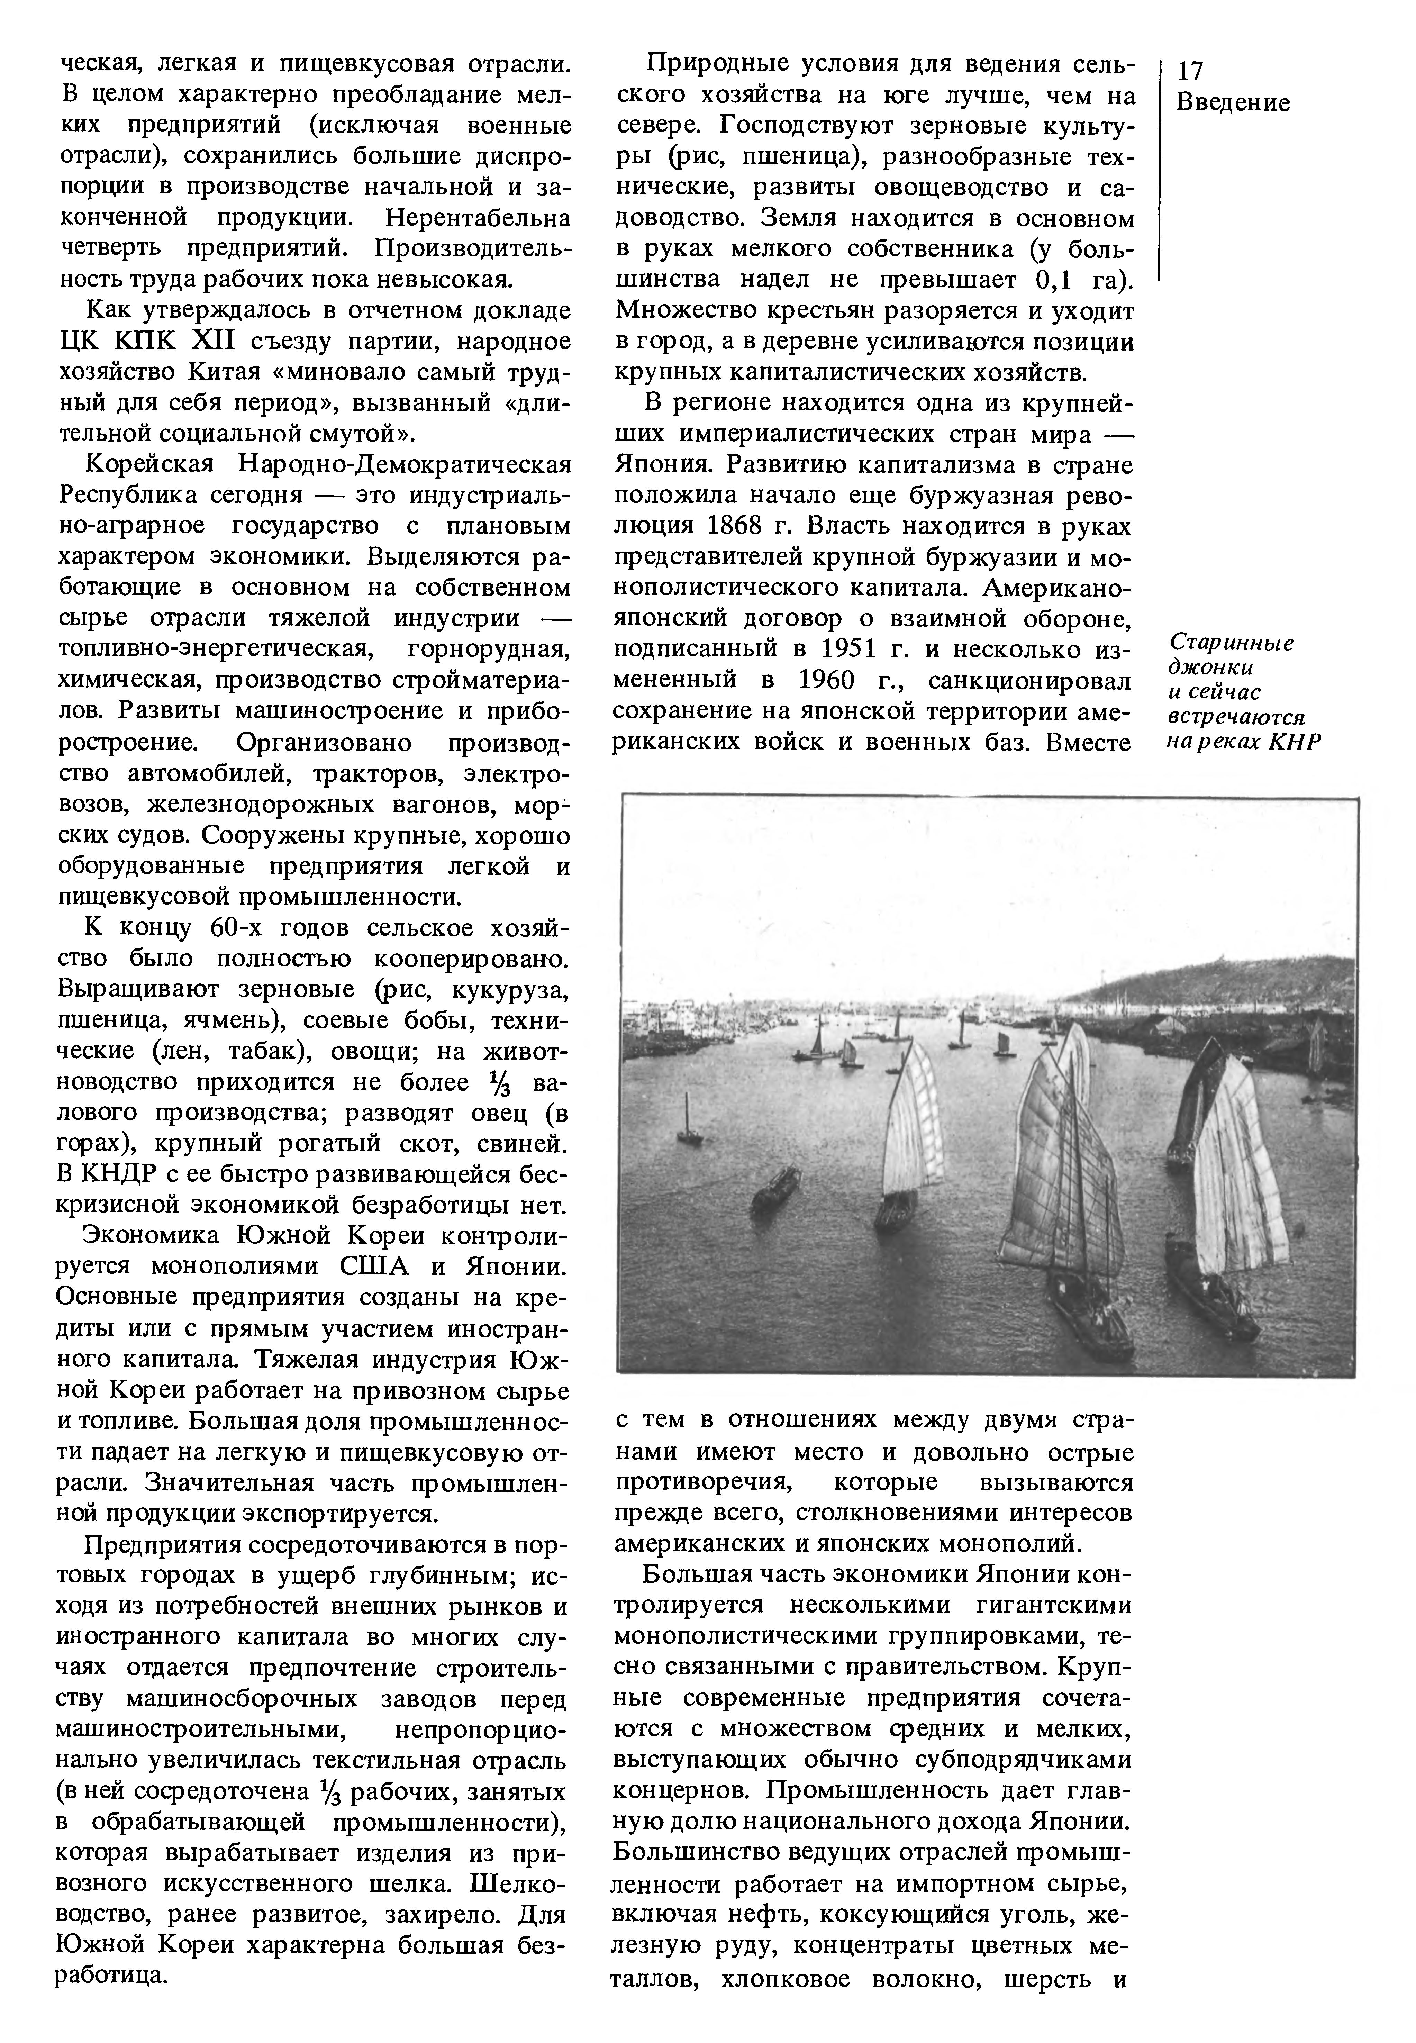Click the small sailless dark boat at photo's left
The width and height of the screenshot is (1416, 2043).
pyautogui.click(x=776, y=1189)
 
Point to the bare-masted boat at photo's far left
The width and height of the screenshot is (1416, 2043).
pyautogui.click(x=688, y=1122)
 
